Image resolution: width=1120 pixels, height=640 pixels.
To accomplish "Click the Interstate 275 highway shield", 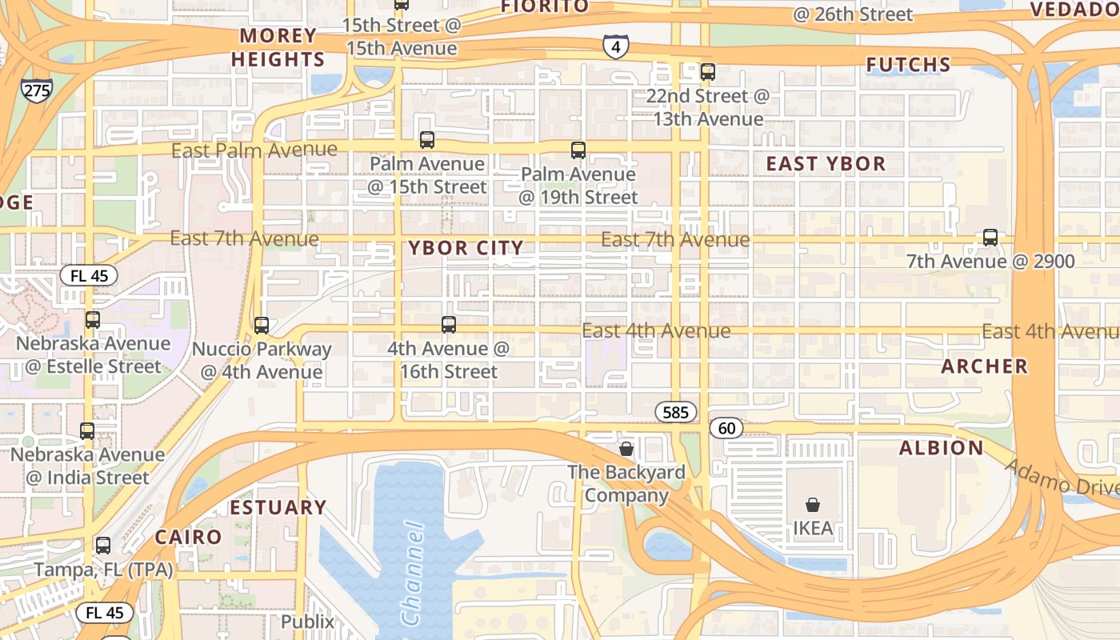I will pos(37,90).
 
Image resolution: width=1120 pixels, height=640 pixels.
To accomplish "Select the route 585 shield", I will pos(675,413).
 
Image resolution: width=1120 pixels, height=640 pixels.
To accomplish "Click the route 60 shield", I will pos(726,428).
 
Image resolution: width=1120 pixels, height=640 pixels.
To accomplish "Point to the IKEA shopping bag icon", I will pos(812,505).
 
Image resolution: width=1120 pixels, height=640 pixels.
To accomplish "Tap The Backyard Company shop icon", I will pos(626,449).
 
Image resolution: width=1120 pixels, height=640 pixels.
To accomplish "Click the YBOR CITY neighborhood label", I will pos(466,248).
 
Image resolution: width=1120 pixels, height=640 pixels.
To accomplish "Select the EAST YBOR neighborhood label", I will pos(826,164).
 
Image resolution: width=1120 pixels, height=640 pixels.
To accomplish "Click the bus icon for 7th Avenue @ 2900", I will pos(990,238).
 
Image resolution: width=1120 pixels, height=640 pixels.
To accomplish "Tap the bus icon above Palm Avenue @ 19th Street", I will pos(578,150).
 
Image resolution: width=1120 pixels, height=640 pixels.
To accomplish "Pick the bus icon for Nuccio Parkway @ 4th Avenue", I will pos(261,326).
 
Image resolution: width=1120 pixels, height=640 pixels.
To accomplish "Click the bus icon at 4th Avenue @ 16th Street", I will pos(448,324).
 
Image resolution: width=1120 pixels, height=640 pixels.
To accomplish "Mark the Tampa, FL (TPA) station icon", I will pos(103,546).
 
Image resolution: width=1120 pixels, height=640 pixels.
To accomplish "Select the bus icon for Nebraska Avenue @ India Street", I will pos(87,430).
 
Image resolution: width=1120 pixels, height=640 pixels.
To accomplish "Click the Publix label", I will pos(307,622).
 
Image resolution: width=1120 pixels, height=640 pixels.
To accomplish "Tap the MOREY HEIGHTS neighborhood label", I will pos(278,47).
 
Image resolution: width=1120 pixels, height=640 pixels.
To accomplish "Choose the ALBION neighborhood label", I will pos(941,448).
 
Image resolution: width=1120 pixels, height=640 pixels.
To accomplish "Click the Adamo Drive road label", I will pos(1062,478).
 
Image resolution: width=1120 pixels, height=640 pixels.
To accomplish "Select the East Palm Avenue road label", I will pos(254,150).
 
